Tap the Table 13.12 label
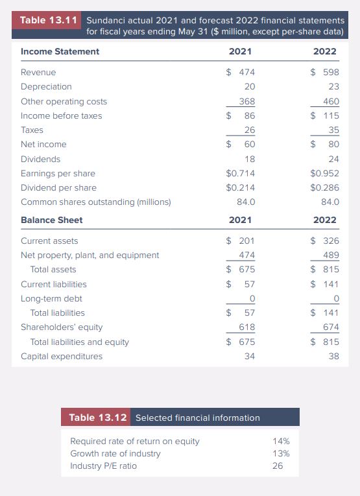click(97, 418)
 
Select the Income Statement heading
click(60, 51)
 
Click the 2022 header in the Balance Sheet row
click(325, 220)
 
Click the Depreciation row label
click(46, 86)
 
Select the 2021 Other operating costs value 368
click(246, 101)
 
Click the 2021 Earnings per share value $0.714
click(240, 173)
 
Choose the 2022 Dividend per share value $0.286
click(325, 187)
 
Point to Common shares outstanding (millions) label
click(95, 202)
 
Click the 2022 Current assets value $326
click(325, 241)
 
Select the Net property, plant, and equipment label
click(90, 255)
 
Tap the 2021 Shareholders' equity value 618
click(246, 327)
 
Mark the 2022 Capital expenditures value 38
click(333, 356)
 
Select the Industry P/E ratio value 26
click(277, 466)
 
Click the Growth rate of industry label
click(115, 453)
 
